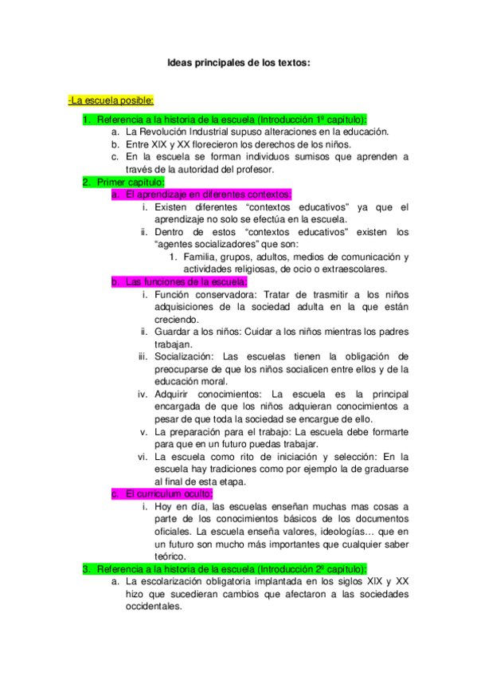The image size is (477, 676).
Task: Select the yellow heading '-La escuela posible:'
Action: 111,100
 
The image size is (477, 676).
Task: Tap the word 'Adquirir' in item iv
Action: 173,394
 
